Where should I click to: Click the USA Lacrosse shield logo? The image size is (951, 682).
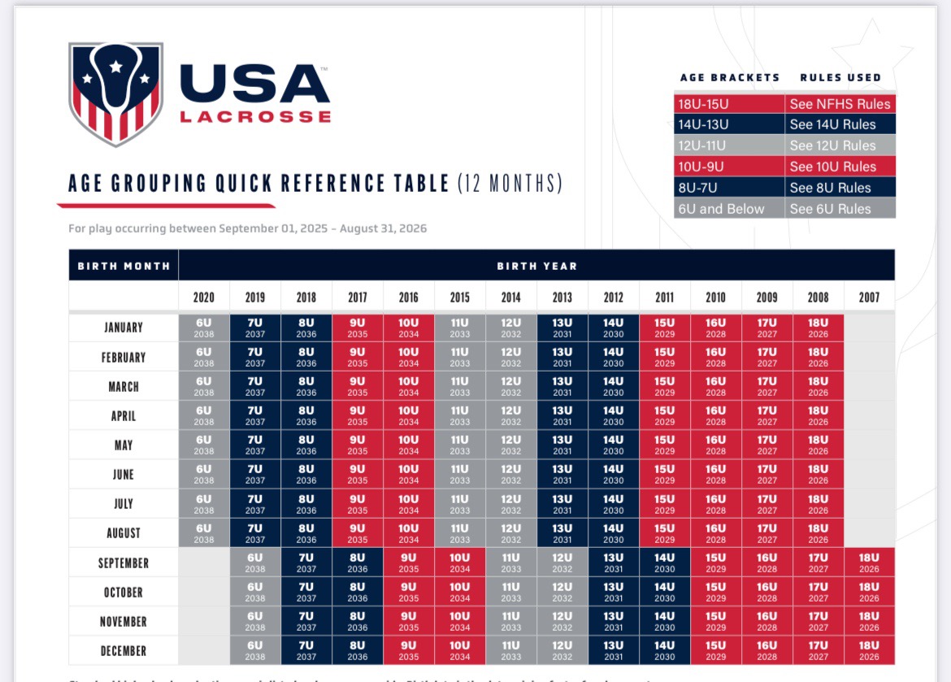click(x=115, y=93)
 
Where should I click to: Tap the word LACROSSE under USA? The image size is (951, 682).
click(x=255, y=116)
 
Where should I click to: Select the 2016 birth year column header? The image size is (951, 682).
click(x=409, y=298)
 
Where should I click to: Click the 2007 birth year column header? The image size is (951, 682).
click(x=869, y=298)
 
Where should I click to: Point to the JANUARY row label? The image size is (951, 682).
click(x=124, y=328)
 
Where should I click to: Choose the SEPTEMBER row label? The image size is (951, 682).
click(x=124, y=563)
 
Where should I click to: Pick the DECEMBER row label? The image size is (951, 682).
click(x=124, y=651)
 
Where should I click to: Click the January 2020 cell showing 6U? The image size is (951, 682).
click(x=204, y=328)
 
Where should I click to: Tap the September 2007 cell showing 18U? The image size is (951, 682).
click(x=869, y=563)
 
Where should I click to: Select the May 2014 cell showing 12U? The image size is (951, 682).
click(x=511, y=445)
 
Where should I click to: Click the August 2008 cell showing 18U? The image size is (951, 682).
click(x=818, y=533)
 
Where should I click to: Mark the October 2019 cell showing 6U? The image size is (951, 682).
click(x=255, y=592)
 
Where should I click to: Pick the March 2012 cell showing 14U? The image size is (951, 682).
click(x=614, y=386)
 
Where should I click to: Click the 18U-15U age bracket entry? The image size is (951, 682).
click(x=703, y=104)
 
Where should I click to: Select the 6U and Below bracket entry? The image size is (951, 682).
click(x=721, y=209)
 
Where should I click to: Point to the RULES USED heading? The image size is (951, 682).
click(x=840, y=78)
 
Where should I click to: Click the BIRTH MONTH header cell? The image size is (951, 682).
click(x=124, y=266)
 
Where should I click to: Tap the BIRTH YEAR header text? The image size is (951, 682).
click(x=536, y=266)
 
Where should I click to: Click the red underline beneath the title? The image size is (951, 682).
click(x=167, y=204)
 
